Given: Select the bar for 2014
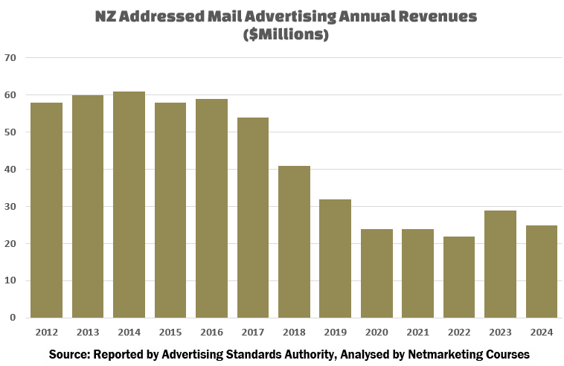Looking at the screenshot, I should (129, 205).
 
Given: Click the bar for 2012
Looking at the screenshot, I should (46, 210).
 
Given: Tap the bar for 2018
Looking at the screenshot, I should (294, 242).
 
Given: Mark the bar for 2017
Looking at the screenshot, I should (252, 217).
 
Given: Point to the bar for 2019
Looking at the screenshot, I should (335, 258).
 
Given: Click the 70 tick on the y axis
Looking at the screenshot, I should (10, 58).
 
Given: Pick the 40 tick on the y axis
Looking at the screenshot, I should (10, 170).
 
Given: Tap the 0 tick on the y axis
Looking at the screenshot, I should (13, 318).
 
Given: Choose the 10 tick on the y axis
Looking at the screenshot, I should (10, 280).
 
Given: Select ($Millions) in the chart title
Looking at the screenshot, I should (286, 34).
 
